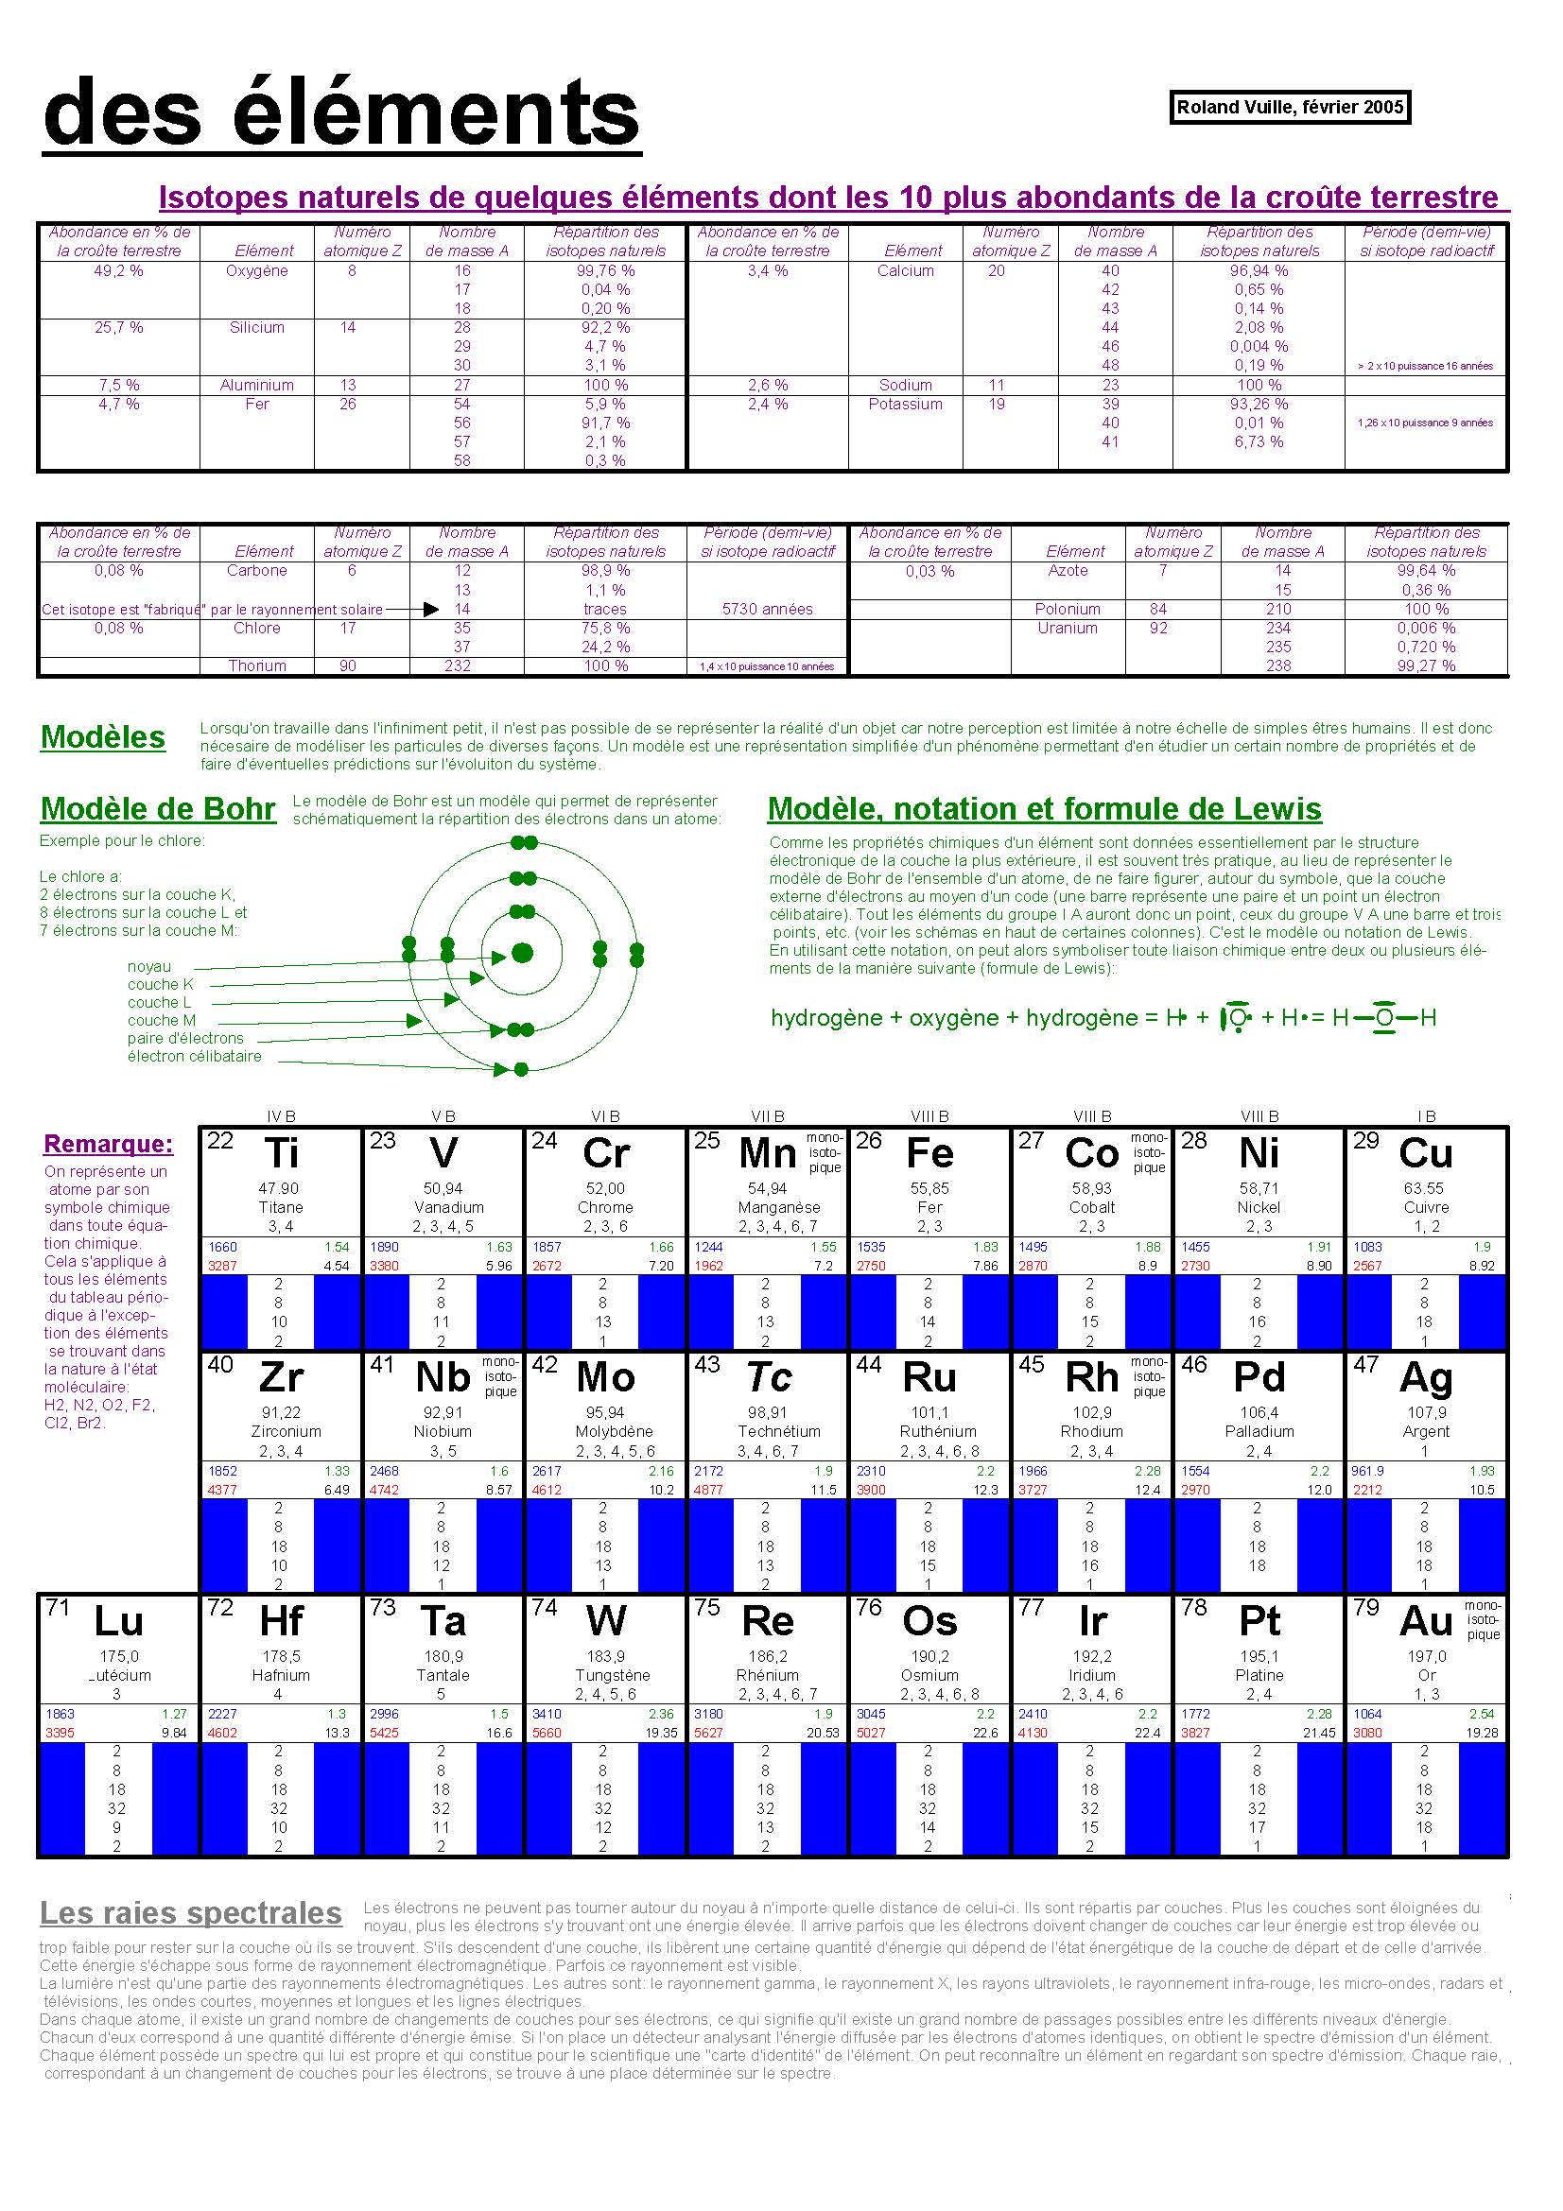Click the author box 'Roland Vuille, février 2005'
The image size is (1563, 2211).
1290,107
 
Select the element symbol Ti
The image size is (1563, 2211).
281,1153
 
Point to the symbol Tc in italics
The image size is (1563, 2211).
769,1378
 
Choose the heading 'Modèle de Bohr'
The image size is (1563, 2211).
158,809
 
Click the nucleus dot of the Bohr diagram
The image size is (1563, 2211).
522,954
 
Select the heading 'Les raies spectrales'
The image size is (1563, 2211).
191,1912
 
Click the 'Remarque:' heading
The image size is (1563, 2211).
109,1144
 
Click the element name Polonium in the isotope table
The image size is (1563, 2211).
1067,609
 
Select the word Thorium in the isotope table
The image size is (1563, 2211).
257,665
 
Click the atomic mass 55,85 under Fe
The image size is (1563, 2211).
929,1188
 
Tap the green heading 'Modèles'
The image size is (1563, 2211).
103,737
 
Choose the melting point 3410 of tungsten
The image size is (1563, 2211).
546,1714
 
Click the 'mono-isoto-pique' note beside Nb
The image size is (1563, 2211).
500,1377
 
